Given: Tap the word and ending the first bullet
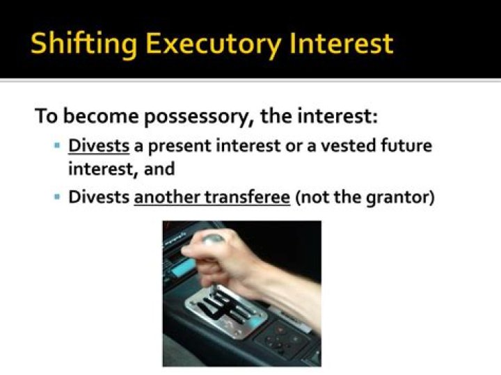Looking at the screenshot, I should tap(160, 169).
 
